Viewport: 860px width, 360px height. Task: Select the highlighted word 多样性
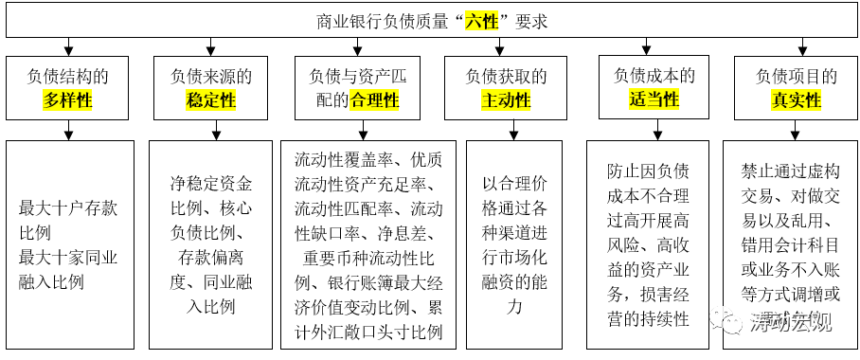pos(68,99)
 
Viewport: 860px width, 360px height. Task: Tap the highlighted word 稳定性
pos(211,99)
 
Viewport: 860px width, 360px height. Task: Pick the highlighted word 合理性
pos(375,99)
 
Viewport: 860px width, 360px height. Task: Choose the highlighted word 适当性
pos(654,99)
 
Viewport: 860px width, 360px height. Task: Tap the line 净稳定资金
pos(211,183)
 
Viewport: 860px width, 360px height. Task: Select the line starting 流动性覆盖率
pos(368,158)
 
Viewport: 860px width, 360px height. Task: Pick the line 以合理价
pos(514,183)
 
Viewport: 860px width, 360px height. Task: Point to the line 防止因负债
pos(648,171)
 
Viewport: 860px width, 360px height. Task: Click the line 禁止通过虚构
pos(790,171)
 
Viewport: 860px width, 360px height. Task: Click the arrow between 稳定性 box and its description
pos(211,131)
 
